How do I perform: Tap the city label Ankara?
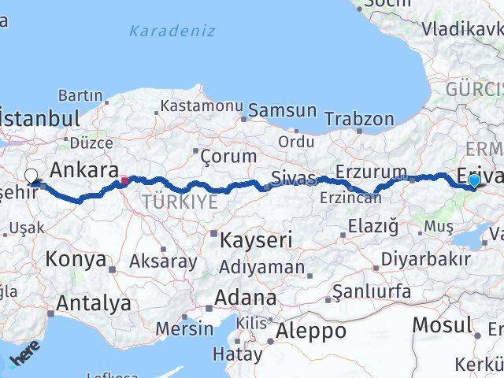84,169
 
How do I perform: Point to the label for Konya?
76,259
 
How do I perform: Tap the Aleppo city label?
312,332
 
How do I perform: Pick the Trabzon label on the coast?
361,120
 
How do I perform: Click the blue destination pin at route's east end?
474,181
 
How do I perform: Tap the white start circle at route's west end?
31,176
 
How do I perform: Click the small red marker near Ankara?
124,180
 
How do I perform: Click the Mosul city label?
443,324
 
